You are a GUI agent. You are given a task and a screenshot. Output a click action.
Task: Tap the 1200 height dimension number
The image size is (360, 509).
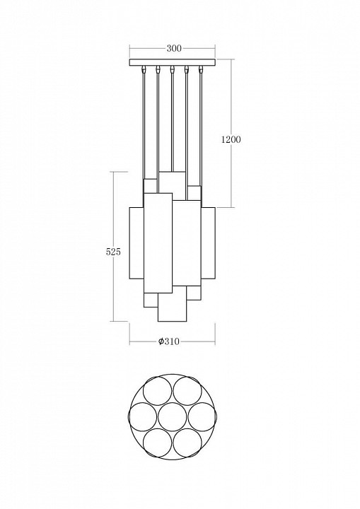231,139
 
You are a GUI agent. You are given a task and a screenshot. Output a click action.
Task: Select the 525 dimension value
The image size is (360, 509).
114,251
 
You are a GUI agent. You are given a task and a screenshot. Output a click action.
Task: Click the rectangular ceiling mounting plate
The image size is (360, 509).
173,64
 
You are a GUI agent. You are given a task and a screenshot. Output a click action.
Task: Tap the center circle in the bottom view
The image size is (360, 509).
172,417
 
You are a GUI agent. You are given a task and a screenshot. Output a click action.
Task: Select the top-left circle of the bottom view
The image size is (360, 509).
156,390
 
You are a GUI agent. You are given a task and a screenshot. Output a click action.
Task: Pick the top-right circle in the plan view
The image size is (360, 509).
188,390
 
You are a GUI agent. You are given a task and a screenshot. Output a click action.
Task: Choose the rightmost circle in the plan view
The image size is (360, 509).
203,417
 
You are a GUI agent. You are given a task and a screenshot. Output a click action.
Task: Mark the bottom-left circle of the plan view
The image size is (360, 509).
156,443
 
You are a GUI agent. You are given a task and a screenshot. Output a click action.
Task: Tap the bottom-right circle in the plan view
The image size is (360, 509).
188,443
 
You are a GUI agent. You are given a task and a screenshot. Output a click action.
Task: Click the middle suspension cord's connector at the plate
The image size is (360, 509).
173,70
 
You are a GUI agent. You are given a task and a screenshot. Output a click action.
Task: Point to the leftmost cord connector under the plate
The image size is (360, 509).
144,70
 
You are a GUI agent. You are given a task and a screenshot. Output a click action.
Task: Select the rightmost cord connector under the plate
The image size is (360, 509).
202,70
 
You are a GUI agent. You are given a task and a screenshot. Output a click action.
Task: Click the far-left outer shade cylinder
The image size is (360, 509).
136,244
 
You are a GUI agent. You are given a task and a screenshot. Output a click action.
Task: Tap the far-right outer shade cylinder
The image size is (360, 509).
209,244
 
